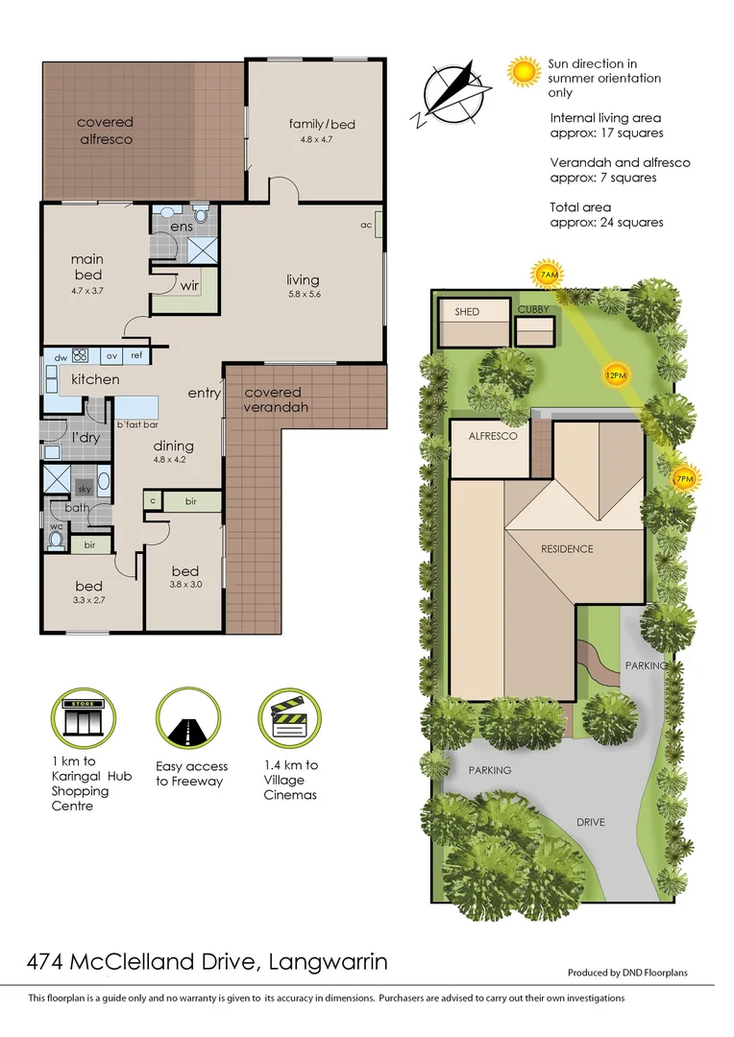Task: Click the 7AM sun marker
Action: tap(548, 276)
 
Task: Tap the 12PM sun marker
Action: tap(615, 374)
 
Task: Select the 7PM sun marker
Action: tap(684, 478)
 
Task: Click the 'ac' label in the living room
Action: tap(366, 226)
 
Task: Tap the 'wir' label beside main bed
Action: tap(189, 285)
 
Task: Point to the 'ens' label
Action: tap(182, 227)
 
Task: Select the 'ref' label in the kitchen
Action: tap(136, 355)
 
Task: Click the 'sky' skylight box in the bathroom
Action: tap(84, 490)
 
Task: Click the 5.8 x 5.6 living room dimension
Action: tap(303, 295)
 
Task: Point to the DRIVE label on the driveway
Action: tap(590, 823)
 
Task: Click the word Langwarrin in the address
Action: tap(329, 961)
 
